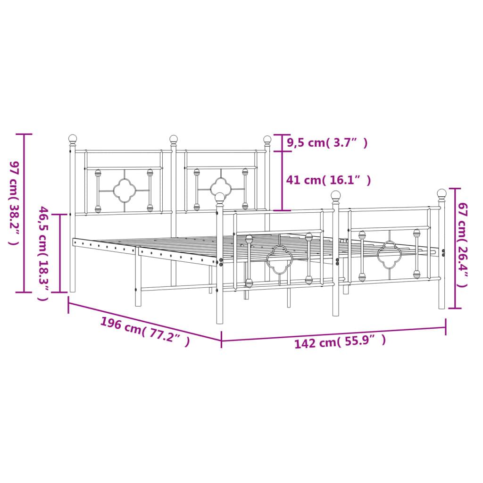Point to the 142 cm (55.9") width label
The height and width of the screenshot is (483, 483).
(340, 341)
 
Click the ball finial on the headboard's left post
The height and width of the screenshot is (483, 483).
(73, 139)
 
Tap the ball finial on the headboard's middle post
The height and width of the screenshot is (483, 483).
(174, 139)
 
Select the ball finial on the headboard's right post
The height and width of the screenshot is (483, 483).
(267, 140)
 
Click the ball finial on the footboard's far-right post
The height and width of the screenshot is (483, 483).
(441, 193)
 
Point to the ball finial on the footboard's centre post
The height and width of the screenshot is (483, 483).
(336, 195)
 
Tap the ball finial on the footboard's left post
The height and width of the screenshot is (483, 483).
(220, 198)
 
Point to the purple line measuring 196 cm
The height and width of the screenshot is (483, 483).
(144, 319)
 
